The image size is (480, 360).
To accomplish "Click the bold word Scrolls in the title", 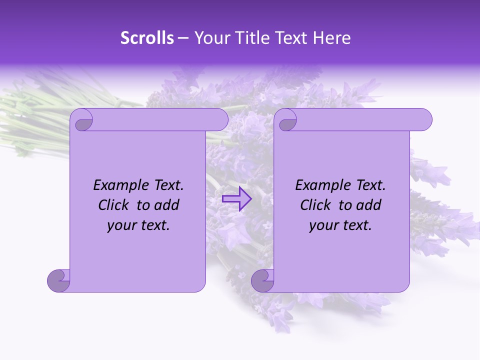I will click(147, 38).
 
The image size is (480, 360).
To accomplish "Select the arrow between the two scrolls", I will click(237, 199).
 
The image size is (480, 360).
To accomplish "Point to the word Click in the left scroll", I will click(115, 205).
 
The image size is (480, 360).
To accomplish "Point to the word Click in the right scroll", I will click(317, 205).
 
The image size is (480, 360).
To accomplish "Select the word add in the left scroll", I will click(167, 205).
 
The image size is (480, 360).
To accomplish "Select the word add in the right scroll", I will click(369, 205).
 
